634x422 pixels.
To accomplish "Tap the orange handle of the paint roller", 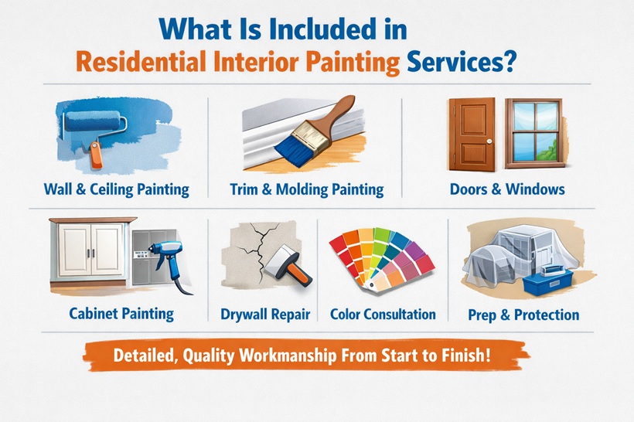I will (x=95, y=157).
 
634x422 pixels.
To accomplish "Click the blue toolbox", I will (x=550, y=279).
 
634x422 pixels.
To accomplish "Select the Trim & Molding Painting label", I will (x=306, y=189).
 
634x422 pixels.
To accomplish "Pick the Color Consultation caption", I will (x=383, y=315).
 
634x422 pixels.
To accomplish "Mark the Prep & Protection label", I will (x=523, y=315).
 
